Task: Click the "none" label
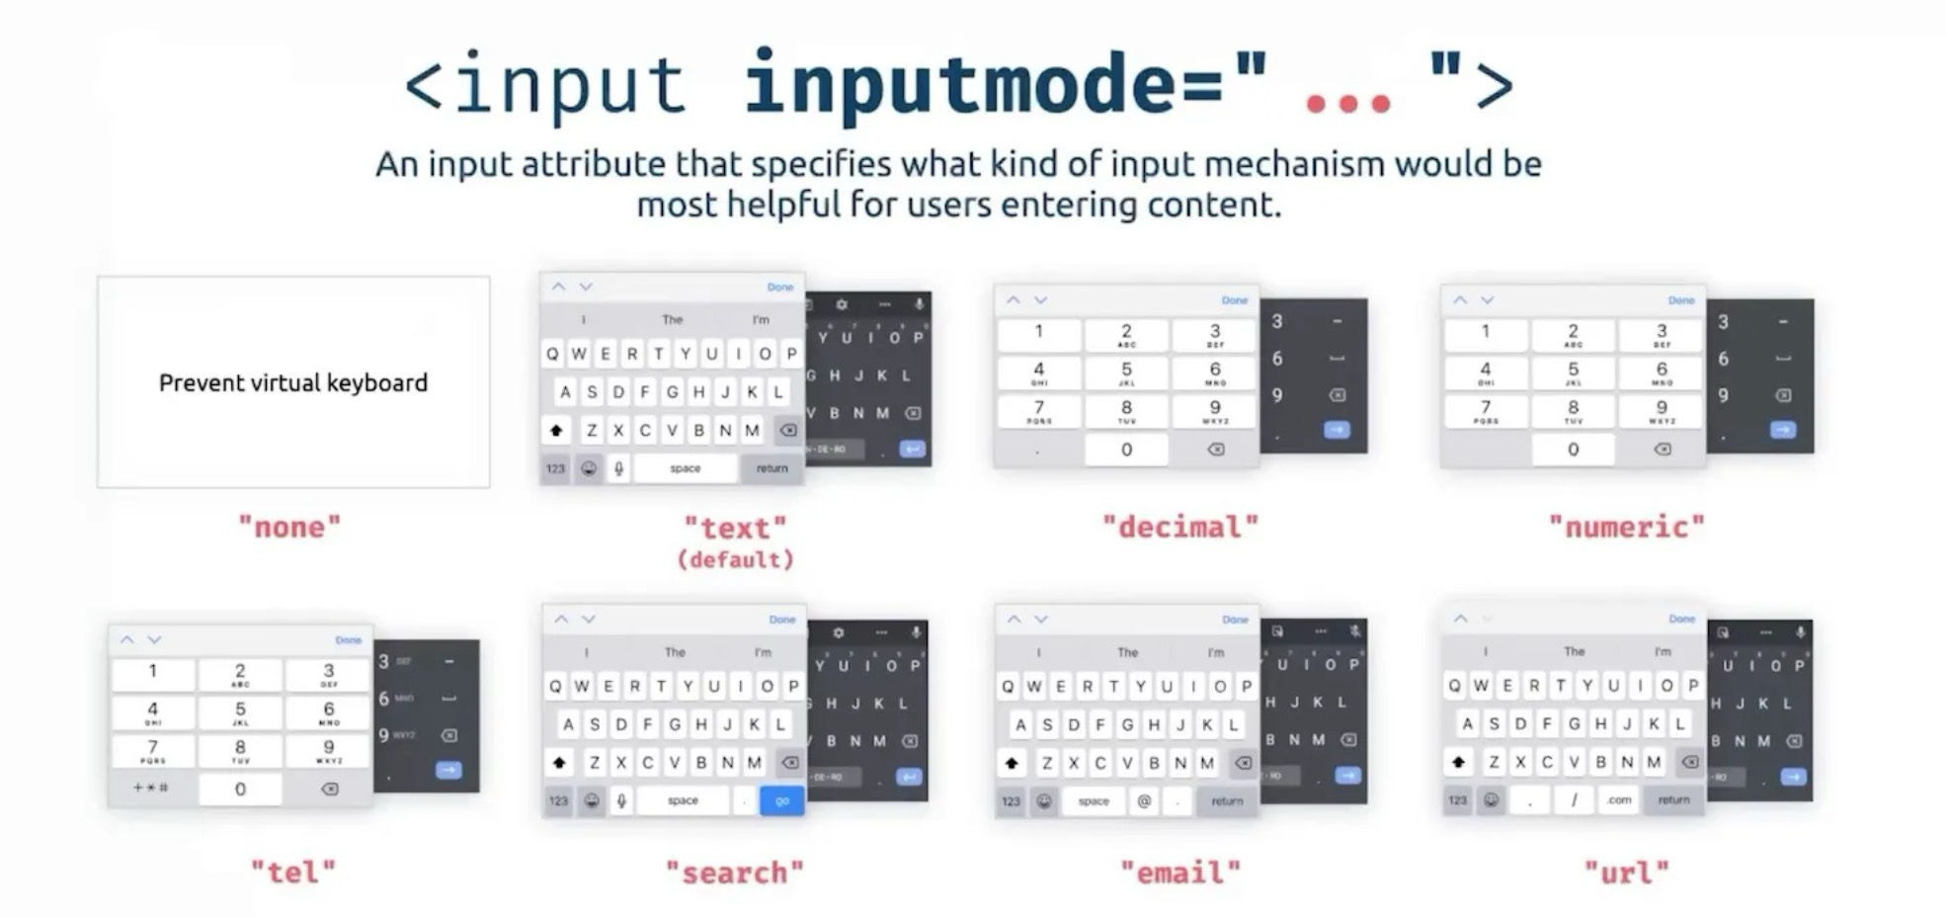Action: coord(289,527)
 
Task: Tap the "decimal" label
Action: coord(1180,527)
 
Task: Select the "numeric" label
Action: coord(1627,527)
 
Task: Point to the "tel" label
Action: coord(293,873)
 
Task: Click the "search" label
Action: coord(735,873)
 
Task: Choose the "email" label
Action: coord(1180,873)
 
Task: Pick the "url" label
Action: coord(1627,873)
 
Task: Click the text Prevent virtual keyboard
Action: coord(293,382)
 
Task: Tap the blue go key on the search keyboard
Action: coord(781,800)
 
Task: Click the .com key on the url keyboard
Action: coord(1619,799)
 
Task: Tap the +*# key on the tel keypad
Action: coord(151,788)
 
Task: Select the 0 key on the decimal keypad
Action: coord(1126,450)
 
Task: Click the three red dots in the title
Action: coord(1347,103)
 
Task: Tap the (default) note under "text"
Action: coord(735,560)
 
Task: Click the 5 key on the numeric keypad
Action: coord(1573,373)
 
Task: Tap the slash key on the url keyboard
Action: coord(1574,799)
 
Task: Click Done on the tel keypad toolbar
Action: coord(348,640)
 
